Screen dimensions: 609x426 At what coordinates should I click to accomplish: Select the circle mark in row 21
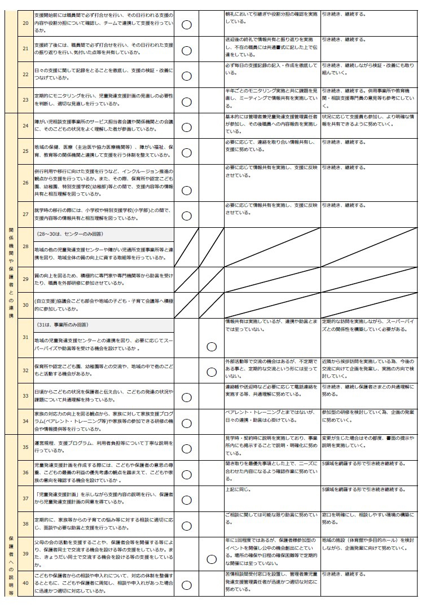pyautogui.click(x=186, y=50)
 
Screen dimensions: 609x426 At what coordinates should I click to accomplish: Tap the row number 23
pyautogui.click(x=25, y=100)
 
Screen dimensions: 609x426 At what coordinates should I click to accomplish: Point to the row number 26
pyautogui.click(x=25, y=182)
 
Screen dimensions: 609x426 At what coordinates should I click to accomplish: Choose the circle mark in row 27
pyautogui.click(x=186, y=214)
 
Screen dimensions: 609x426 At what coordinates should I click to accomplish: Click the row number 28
pyautogui.click(x=25, y=246)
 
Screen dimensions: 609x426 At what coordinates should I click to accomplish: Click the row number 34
pyautogui.click(x=25, y=421)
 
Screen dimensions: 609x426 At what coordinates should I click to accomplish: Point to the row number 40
pyautogui.click(x=25, y=583)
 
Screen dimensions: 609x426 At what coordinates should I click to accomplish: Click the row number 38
pyautogui.click(x=25, y=523)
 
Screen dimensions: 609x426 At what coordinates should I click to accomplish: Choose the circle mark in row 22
pyautogui.click(x=186, y=76)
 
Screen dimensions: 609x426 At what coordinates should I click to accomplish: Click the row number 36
pyautogui.click(x=25, y=473)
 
